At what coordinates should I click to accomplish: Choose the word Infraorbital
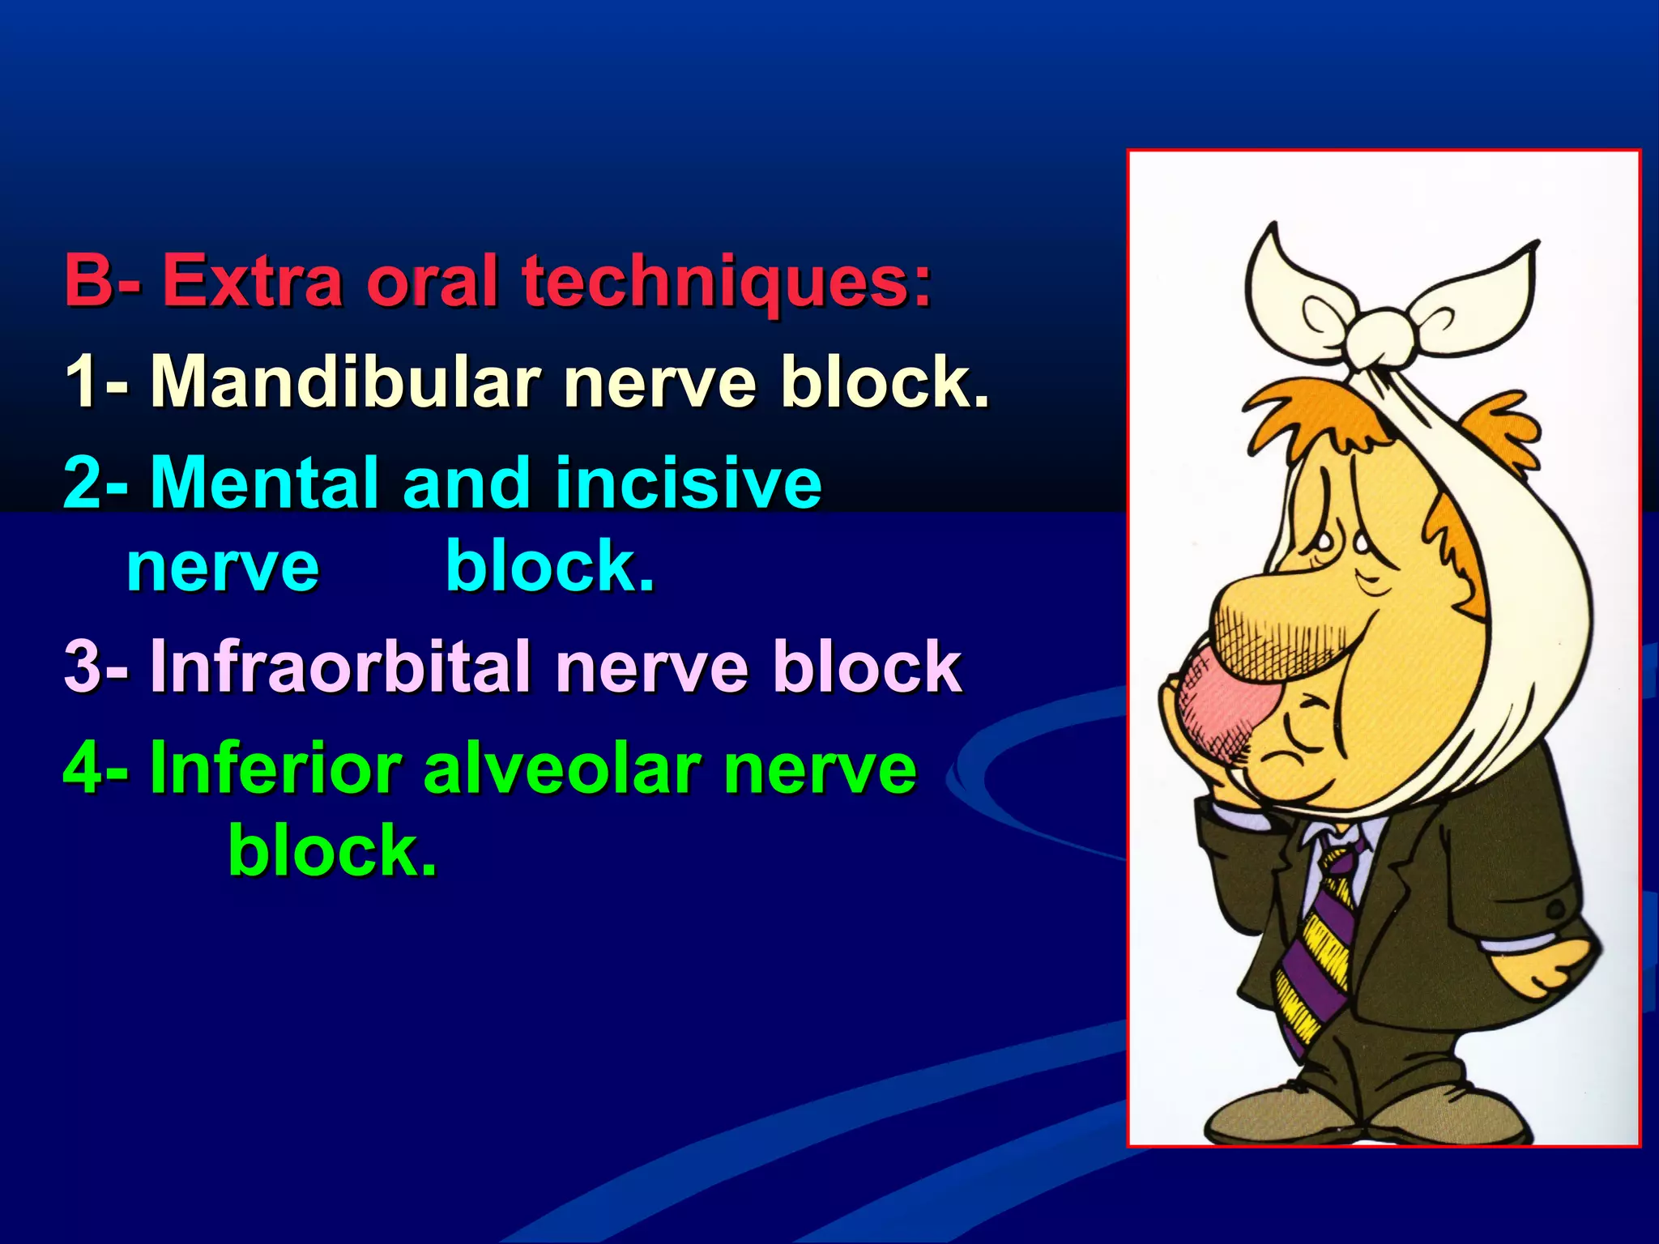tap(340, 667)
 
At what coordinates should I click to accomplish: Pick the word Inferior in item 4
tap(276, 769)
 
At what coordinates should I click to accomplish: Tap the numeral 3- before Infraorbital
tap(95, 667)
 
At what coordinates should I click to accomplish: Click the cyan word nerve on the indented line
tap(223, 567)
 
